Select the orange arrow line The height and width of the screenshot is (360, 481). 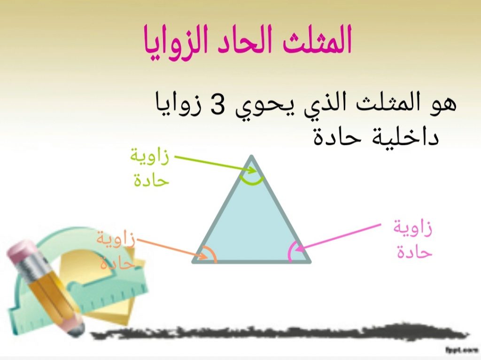coord(169,248)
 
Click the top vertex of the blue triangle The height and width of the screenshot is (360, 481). coord(252,157)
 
